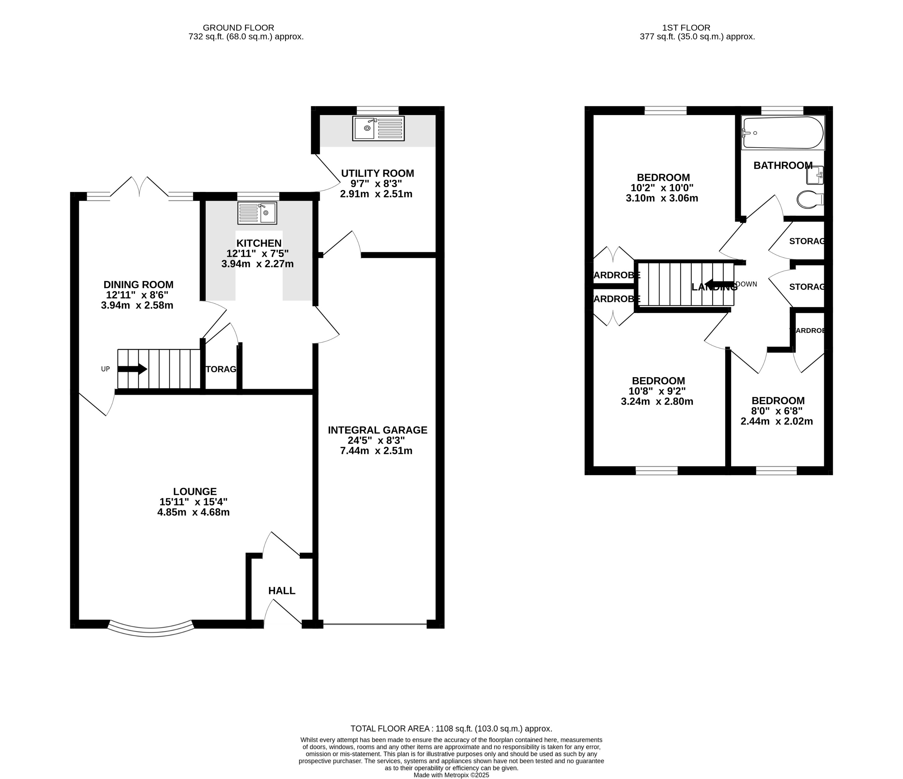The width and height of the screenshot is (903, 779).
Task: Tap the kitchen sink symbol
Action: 257,213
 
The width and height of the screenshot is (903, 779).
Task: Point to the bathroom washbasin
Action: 815,175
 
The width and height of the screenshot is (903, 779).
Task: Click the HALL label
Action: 282,590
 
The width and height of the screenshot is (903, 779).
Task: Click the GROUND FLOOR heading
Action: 239,28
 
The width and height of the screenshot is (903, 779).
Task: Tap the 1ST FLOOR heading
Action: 686,28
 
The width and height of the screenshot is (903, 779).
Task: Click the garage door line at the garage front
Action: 375,624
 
